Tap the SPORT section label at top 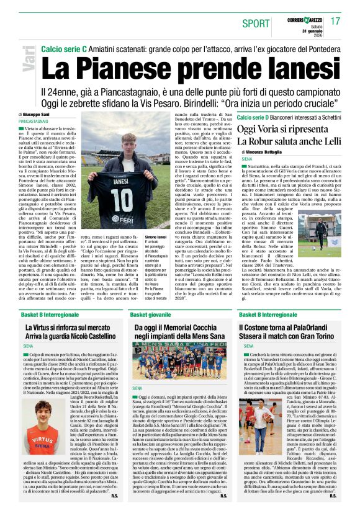pyautogui.click(x=256, y=24)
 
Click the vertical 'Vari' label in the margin pyautogui.click(x=27, y=61)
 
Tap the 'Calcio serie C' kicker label pyautogui.click(x=63, y=48)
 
